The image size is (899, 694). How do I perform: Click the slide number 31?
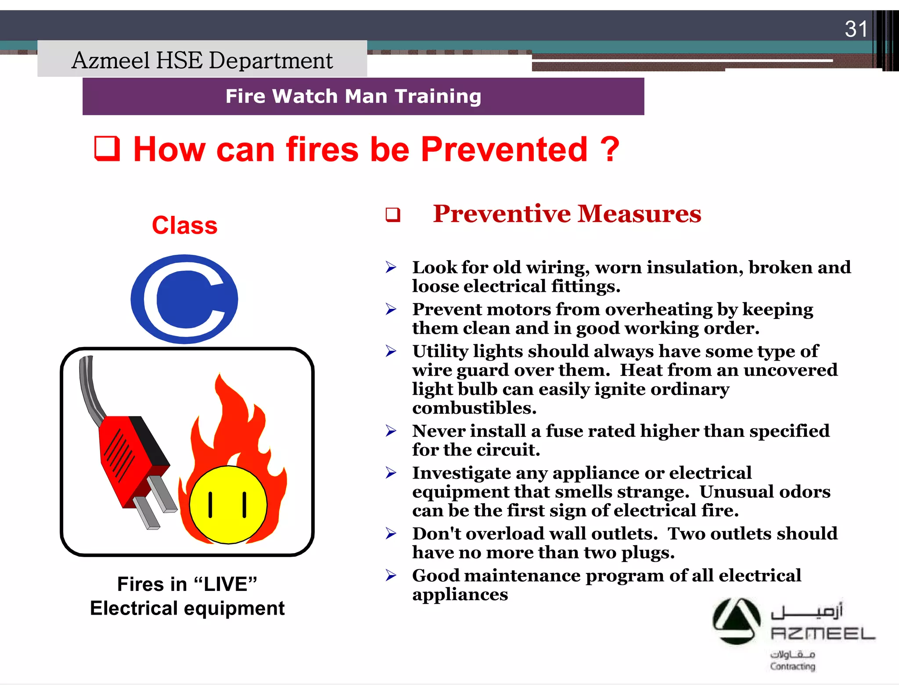(x=856, y=29)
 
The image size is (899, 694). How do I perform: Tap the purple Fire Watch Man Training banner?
(x=363, y=97)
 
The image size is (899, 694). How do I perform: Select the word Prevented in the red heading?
(x=504, y=150)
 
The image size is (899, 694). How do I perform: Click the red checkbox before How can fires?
(x=107, y=149)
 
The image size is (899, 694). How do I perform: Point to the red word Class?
(x=184, y=225)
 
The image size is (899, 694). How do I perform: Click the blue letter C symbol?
(x=184, y=299)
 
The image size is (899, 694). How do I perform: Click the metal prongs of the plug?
(x=154, y=504)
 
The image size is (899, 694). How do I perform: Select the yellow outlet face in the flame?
(x=228, y=504)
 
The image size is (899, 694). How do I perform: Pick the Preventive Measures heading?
(x=567, y=214)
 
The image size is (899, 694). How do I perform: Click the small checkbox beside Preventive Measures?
(x=393, y=215)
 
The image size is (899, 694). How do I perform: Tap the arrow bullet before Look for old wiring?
(x=391, y=267)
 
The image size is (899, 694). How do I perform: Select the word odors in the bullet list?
(x=809, y=492)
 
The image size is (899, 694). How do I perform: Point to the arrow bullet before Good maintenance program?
(x=391, y=575)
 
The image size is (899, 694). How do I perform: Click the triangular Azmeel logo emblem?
(x=736, y=621)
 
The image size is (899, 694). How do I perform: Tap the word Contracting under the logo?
(x=792, y=666)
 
